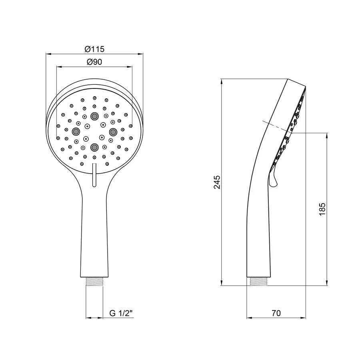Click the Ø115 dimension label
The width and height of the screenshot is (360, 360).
pos(94,49)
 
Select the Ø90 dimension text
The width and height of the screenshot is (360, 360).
pos(94,62)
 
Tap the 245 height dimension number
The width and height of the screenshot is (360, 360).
pos(217,182)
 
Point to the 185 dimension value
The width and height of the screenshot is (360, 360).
pos(322,209)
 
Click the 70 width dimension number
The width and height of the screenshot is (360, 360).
pos(276,313)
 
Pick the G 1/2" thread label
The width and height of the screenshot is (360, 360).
pos(121,313)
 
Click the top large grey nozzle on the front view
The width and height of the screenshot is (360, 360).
pos(94,116)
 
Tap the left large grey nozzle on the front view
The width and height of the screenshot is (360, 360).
pos(76,132)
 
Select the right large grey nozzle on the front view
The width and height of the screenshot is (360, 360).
pos(113,132)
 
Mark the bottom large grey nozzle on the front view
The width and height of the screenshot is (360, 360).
pos(94,147)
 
